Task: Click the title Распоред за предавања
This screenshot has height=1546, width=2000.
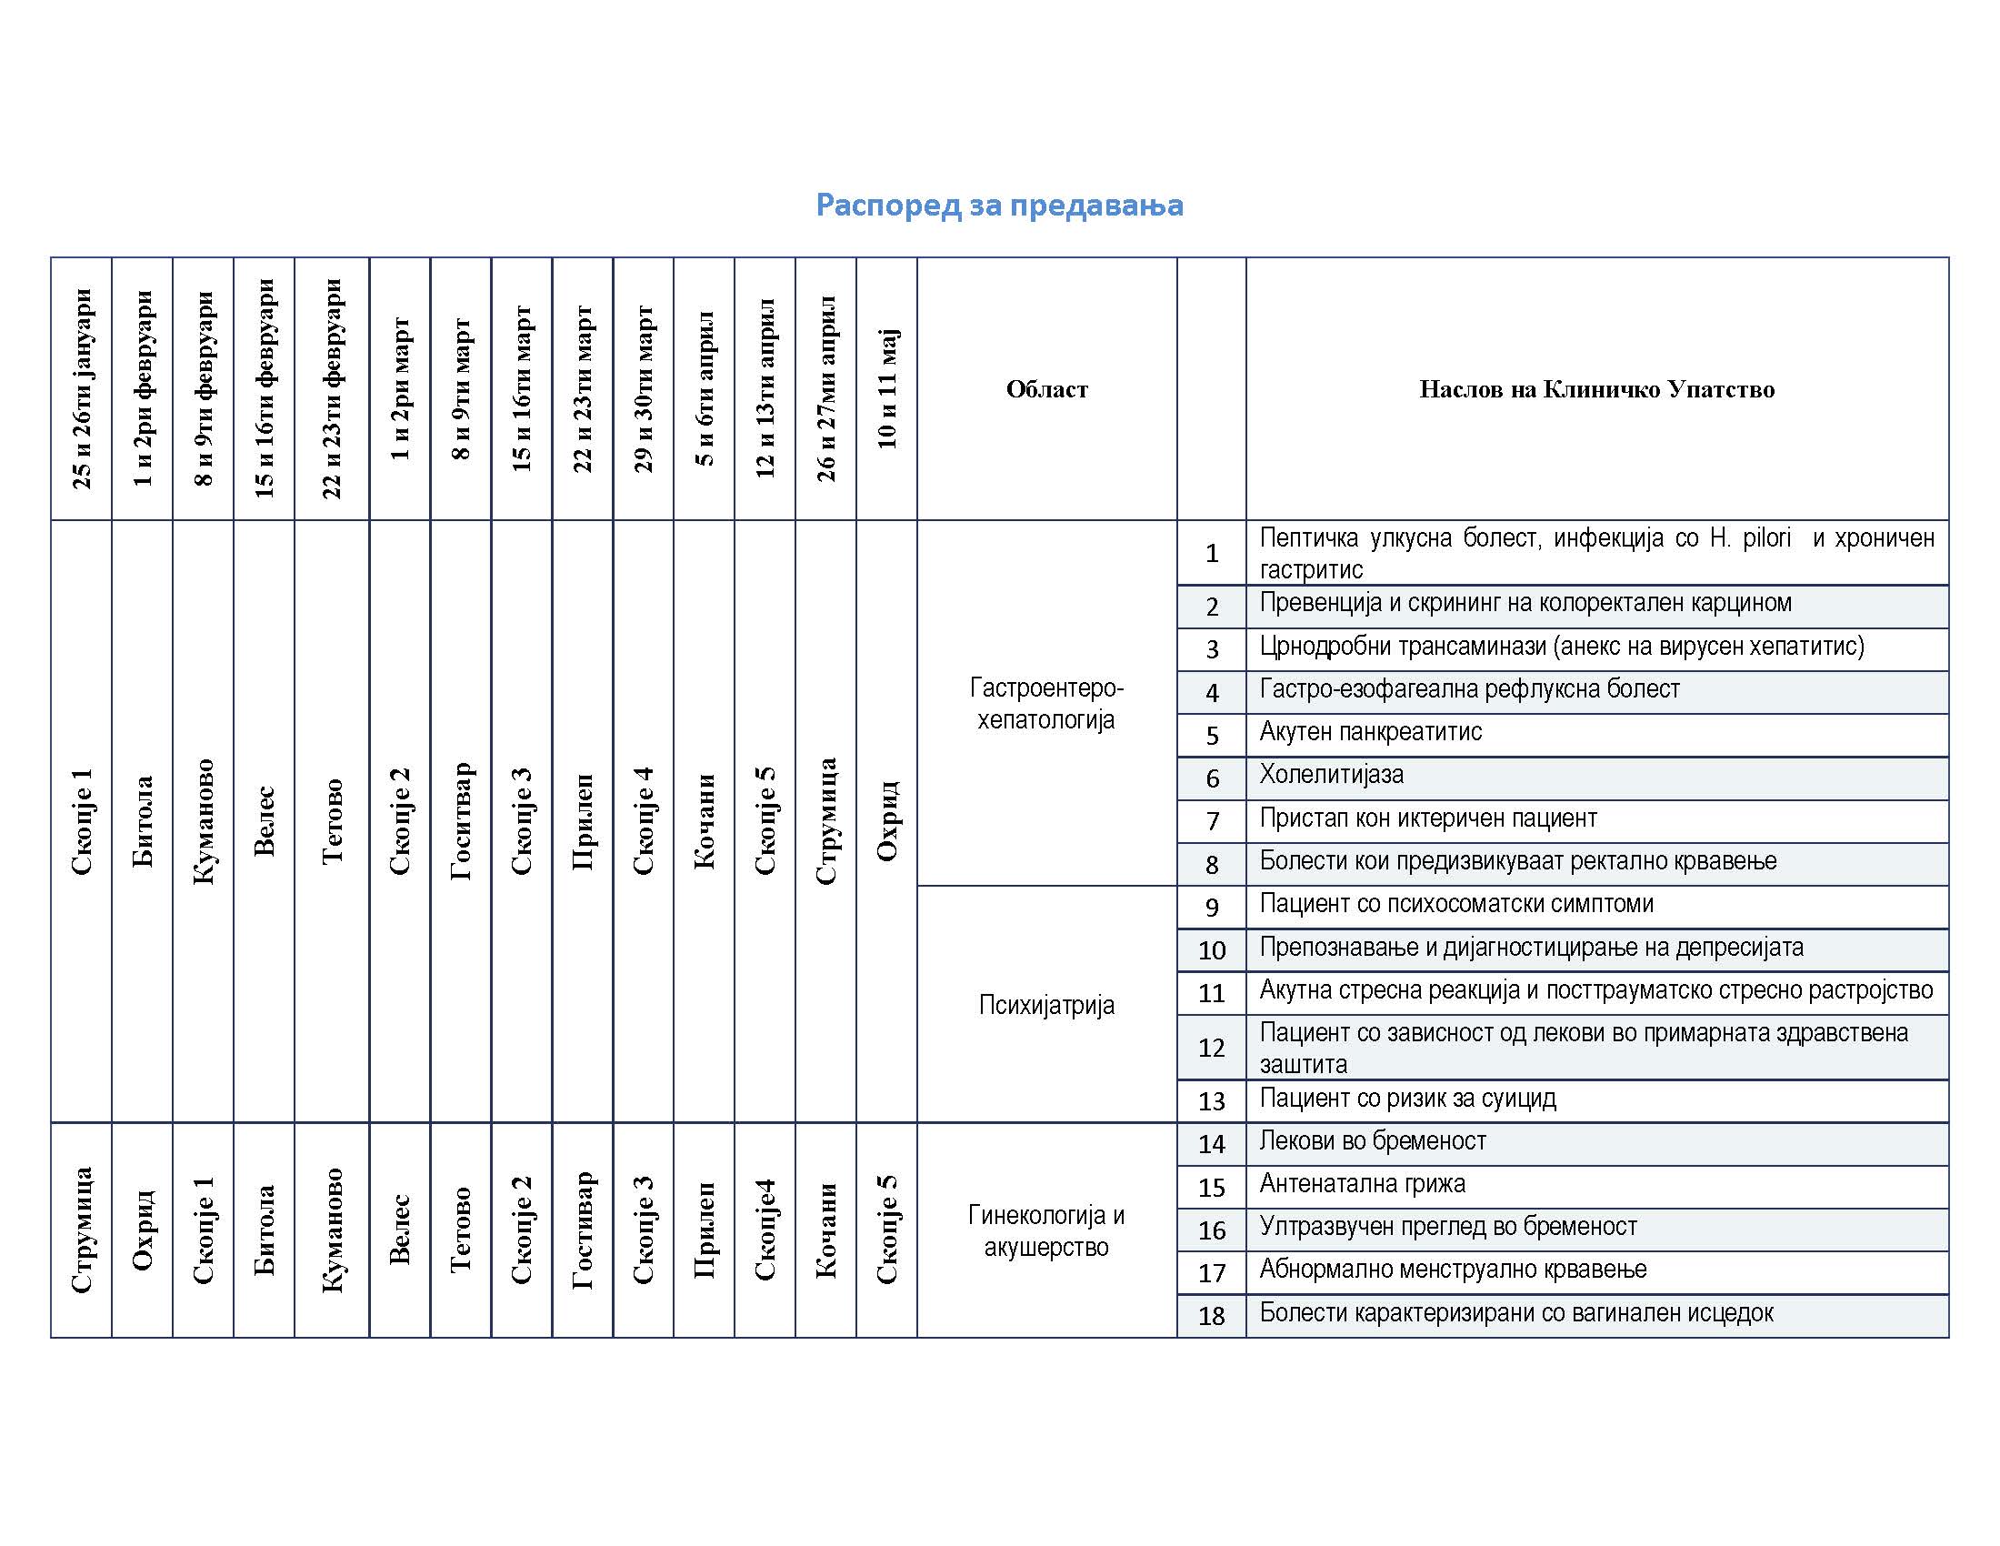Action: click(x=999, y=206)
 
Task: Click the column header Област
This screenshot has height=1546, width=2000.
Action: click(x=1046, y=389)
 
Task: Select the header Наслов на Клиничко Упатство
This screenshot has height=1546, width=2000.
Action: click(x=1596, y=389)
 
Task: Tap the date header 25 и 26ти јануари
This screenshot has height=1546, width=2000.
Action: click(x=82, y=388)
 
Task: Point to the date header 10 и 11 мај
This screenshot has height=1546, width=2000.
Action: click(x=886, y=388)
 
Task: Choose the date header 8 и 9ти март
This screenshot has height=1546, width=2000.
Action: click(x=461, y=388)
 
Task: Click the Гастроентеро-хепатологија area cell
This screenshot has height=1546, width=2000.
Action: click(x=1045, y=703)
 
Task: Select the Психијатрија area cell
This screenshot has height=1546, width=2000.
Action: click(x=1045, y=1005)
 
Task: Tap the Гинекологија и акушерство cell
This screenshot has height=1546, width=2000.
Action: click(x=1045, y=1230)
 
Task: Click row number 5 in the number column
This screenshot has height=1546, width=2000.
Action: click(x=1212, y=736)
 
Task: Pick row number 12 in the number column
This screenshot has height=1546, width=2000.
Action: click(x=1212, y=1048)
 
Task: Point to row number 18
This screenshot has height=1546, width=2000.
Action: click(x=1212, y=1316)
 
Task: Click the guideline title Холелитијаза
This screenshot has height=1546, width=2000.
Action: click(x=1332, y=775)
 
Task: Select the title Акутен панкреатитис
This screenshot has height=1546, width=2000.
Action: click(x=1370, y=732)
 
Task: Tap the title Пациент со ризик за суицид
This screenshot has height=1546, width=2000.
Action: click(x=1407, y=1099)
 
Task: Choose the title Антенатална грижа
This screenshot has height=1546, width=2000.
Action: click(x=1362, y=1184)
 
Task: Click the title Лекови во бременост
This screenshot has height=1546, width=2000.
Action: click(x=1372, y=1141)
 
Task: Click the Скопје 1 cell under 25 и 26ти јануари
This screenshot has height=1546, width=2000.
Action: click(x=82, y=821)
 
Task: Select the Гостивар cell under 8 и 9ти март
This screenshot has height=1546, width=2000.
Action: click(x=461, y=821)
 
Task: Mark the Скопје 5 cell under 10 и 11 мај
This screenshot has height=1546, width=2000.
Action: click(x=886, y=1230)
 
